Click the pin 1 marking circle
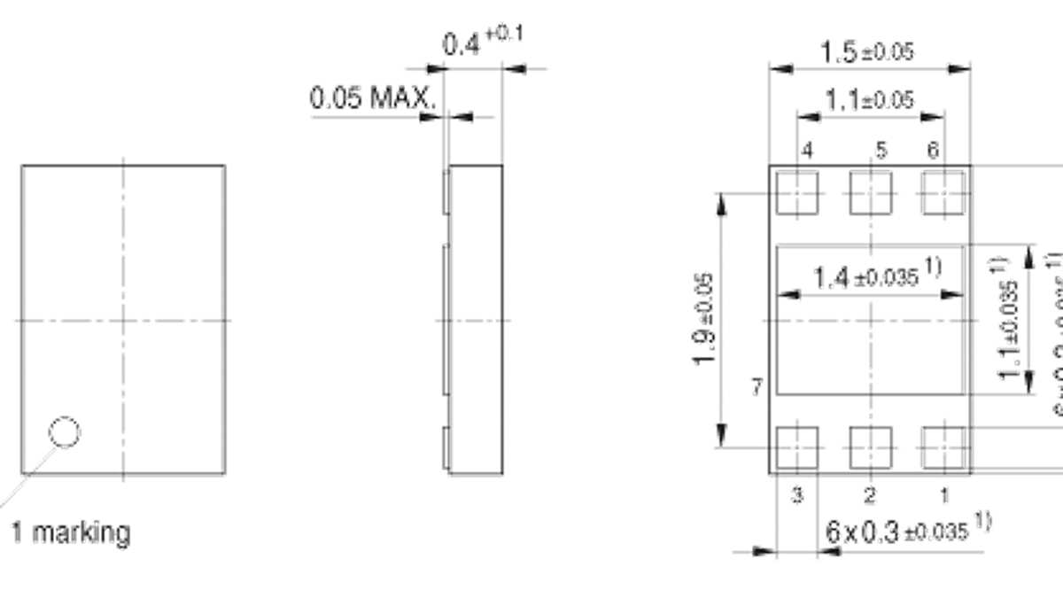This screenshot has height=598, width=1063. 65,408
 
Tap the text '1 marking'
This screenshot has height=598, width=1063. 70,533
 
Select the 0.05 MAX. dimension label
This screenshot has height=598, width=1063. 373,98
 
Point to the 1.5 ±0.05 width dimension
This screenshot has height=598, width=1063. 866,52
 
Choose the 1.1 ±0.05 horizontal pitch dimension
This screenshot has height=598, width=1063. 868,100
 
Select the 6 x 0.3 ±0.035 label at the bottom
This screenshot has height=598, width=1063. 908,532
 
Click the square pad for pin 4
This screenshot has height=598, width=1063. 797,192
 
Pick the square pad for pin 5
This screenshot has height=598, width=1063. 871,192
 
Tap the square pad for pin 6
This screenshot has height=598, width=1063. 943,192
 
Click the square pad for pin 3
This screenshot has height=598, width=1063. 797,447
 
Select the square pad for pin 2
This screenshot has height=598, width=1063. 871,447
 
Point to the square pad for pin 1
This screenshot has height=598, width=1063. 943,447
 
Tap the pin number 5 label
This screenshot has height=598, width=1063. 880,151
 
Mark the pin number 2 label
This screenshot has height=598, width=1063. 870,494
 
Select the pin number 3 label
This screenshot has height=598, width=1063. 797,494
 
